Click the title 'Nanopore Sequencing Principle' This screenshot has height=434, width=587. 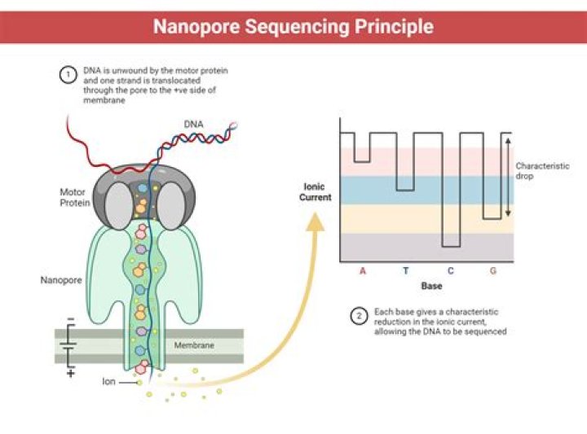293,26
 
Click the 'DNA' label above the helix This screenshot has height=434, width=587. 193,124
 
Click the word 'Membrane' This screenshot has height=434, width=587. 194,345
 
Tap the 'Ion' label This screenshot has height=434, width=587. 108,380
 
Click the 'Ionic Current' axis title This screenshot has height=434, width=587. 316,191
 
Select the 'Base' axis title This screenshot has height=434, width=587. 431,286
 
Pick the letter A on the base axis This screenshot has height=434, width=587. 363,270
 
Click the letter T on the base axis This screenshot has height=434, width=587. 405,270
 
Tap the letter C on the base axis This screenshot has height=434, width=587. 450,270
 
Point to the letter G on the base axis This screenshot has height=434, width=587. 492,270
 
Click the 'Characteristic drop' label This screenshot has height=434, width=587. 542,170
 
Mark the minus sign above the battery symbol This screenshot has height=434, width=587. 70,320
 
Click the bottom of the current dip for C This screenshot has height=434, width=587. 450,246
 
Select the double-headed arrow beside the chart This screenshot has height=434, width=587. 508,176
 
